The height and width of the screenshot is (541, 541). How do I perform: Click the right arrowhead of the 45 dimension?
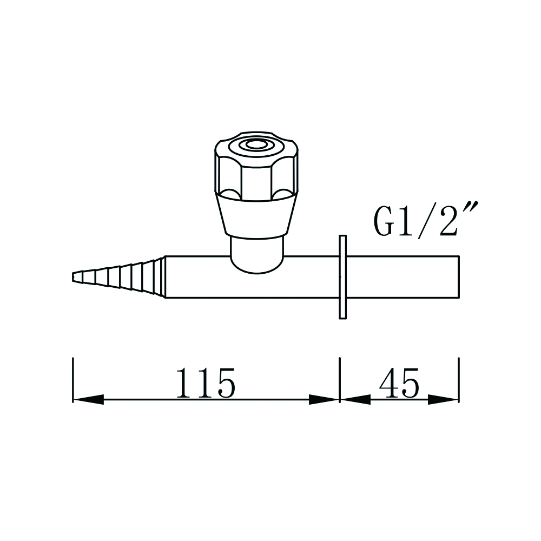(444, 400)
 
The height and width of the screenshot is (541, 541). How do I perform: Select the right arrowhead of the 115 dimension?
(324, 400)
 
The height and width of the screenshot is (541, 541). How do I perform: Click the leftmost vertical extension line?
(73, 379)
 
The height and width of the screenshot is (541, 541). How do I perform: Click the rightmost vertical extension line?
(458, 379)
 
